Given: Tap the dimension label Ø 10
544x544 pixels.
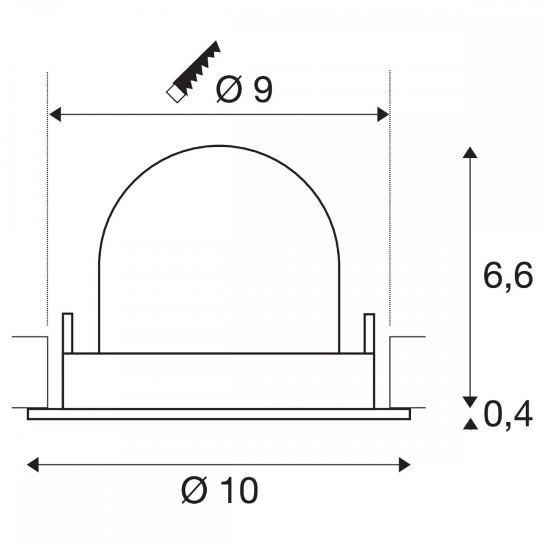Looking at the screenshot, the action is pyautogui.click(x=220, y=490).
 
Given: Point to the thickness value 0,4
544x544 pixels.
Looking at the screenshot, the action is pyautogui.click(x=508, y=415).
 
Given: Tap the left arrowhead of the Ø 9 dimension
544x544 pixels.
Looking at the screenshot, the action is pyautogui.click(x=55, y=114).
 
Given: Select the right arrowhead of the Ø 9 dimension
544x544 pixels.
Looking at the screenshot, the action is pyautogui.click(x=383, y=114).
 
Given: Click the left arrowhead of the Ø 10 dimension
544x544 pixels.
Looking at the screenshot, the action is pyautogui.click(x=33, y=465).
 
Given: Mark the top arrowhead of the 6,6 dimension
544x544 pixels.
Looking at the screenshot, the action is pyautogui.click(x=470, y=153).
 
